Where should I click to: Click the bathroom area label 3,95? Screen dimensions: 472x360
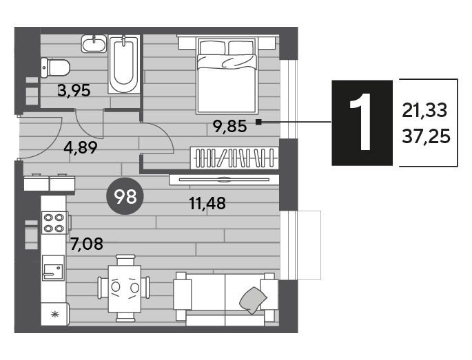(74, 90)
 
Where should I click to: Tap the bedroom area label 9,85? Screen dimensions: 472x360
(230, 126)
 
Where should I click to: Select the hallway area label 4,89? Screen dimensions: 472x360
(81, 147)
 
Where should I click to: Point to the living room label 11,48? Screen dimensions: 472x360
(207, 203)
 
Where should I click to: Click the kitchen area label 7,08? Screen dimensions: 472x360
(87, 244)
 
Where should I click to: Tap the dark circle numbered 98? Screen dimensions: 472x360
(125, 196)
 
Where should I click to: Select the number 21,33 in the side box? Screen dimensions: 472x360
(424, 110)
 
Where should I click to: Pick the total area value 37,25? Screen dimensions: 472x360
(426, 136)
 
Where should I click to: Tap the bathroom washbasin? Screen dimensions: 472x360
(94, 44)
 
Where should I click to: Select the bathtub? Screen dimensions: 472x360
(124, 65)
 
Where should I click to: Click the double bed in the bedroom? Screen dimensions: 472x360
(227, 75)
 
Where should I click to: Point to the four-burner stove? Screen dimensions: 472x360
(54, 223)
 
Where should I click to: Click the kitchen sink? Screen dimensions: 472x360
(53, 268)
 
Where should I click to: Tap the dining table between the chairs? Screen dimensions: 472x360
(125, 288)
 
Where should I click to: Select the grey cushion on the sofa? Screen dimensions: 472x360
(253, 300)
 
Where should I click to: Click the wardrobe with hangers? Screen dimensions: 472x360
(234, 158)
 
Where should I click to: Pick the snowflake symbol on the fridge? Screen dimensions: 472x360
(55, 315)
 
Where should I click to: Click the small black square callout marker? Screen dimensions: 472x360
(258, 122)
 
